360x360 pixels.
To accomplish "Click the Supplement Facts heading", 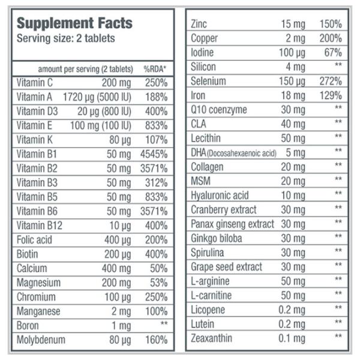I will (x=74, y=23).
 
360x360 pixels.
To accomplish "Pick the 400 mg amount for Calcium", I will (x=116, y=268).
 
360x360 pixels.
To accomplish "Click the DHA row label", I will (x=233, y=152).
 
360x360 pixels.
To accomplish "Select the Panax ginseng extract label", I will (x=232, y=224).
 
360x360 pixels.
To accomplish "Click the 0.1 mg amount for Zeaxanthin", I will (x=293, y=338).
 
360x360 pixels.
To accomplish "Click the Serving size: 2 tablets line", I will (x=65, y=38).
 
